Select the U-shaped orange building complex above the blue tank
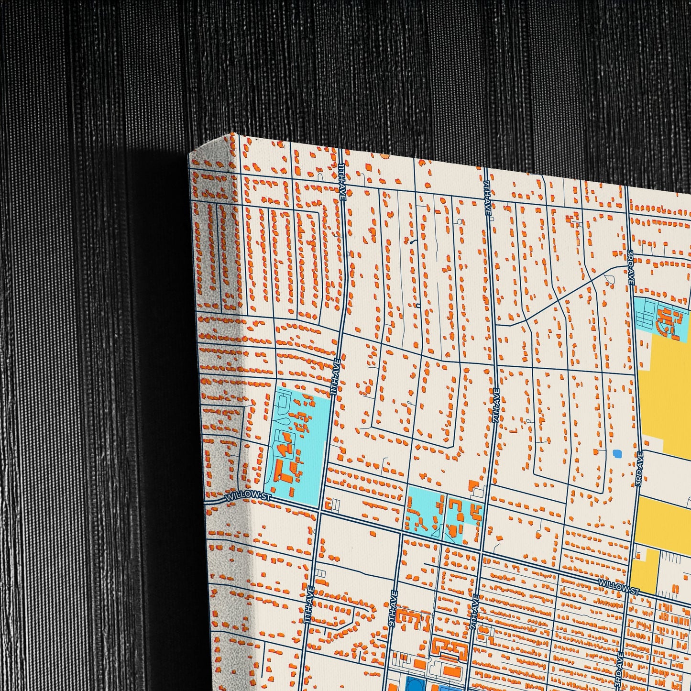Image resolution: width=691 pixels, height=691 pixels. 450,649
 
